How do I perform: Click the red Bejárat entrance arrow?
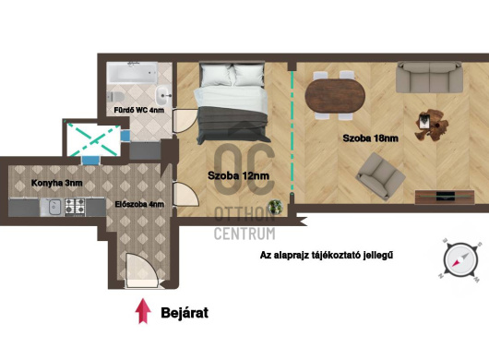pos(143,311)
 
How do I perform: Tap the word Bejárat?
pos(185,313)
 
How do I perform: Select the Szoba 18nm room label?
pos(371,138)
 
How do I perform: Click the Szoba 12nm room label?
pos(239,175)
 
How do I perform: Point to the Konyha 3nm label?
pos(57,183)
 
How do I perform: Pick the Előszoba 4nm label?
pos(139,204)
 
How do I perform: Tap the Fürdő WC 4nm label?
pos(138,110)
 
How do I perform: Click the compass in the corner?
pos(460,259)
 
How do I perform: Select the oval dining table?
pos(335,96)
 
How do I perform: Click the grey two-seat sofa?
pos(429,78)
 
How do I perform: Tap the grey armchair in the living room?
pos(381,175)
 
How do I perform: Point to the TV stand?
pos(445,197)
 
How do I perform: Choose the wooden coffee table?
pos(431,125)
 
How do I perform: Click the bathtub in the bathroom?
pos(132,73)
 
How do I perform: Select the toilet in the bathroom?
pos(114,96)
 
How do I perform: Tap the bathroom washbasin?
pos(162,95)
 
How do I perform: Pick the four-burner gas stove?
pos(75,207)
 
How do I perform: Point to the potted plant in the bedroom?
pos(276,207)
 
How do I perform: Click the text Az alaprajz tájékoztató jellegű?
pos(327,255)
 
